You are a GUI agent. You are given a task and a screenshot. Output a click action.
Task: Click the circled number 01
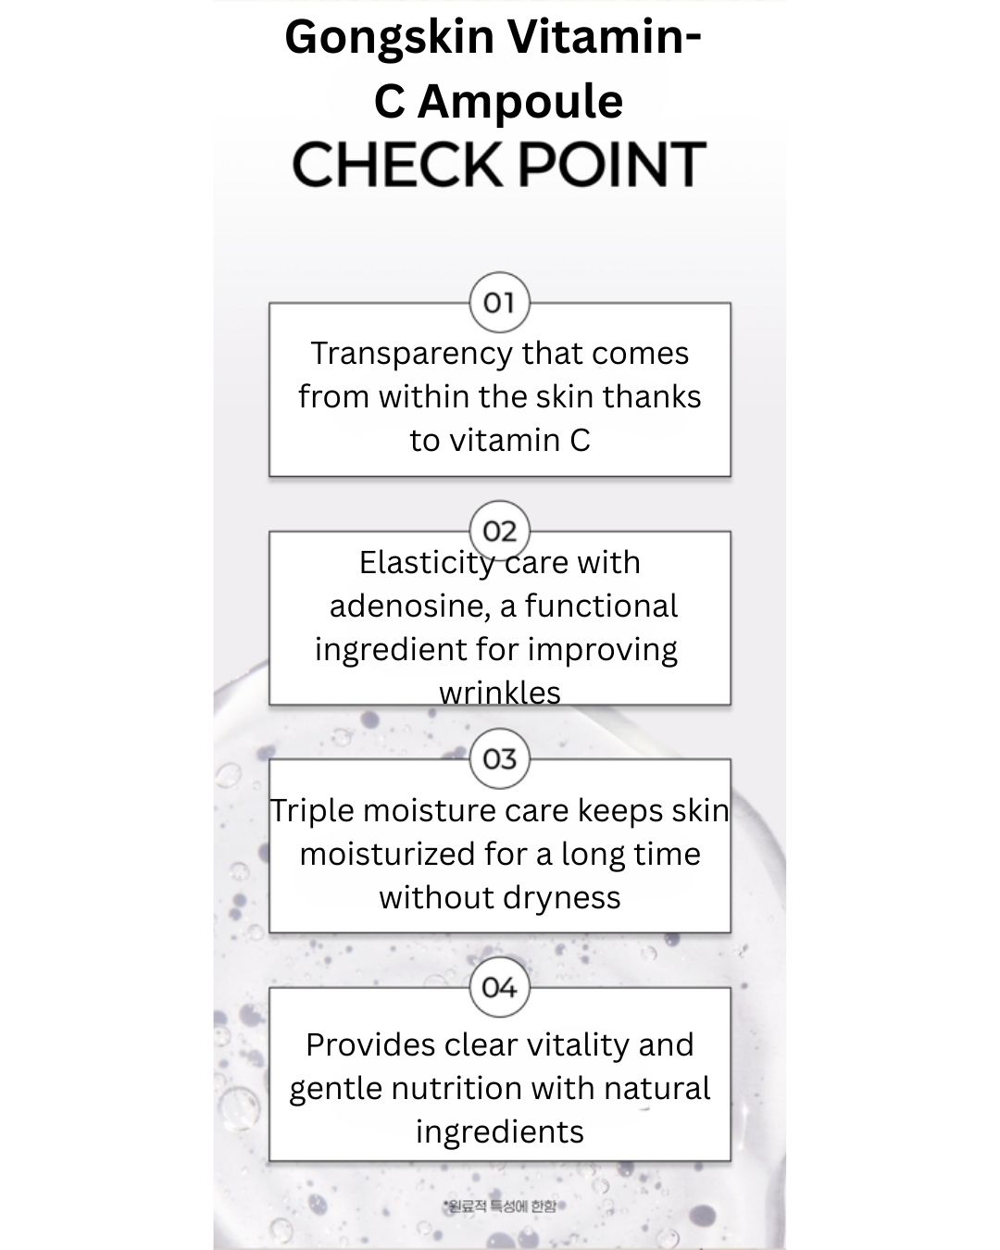[x=499, y=302]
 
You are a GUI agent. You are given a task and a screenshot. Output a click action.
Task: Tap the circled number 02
[x=499, y=531]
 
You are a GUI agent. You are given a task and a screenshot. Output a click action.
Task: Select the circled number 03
[x=499, y=759]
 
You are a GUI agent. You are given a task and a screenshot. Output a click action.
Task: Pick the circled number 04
[x=499, y=987]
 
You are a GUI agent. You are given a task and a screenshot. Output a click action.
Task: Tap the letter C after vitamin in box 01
[x=580, y=440]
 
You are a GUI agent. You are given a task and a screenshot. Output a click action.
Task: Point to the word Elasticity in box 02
[x=427, y=562]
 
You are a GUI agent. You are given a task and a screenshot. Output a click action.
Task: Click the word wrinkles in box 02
[x=500, y=692]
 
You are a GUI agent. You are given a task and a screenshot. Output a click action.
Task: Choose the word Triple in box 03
[x=312, y=811]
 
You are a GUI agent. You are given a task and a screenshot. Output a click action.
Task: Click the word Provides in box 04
[x=370, y=1044]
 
